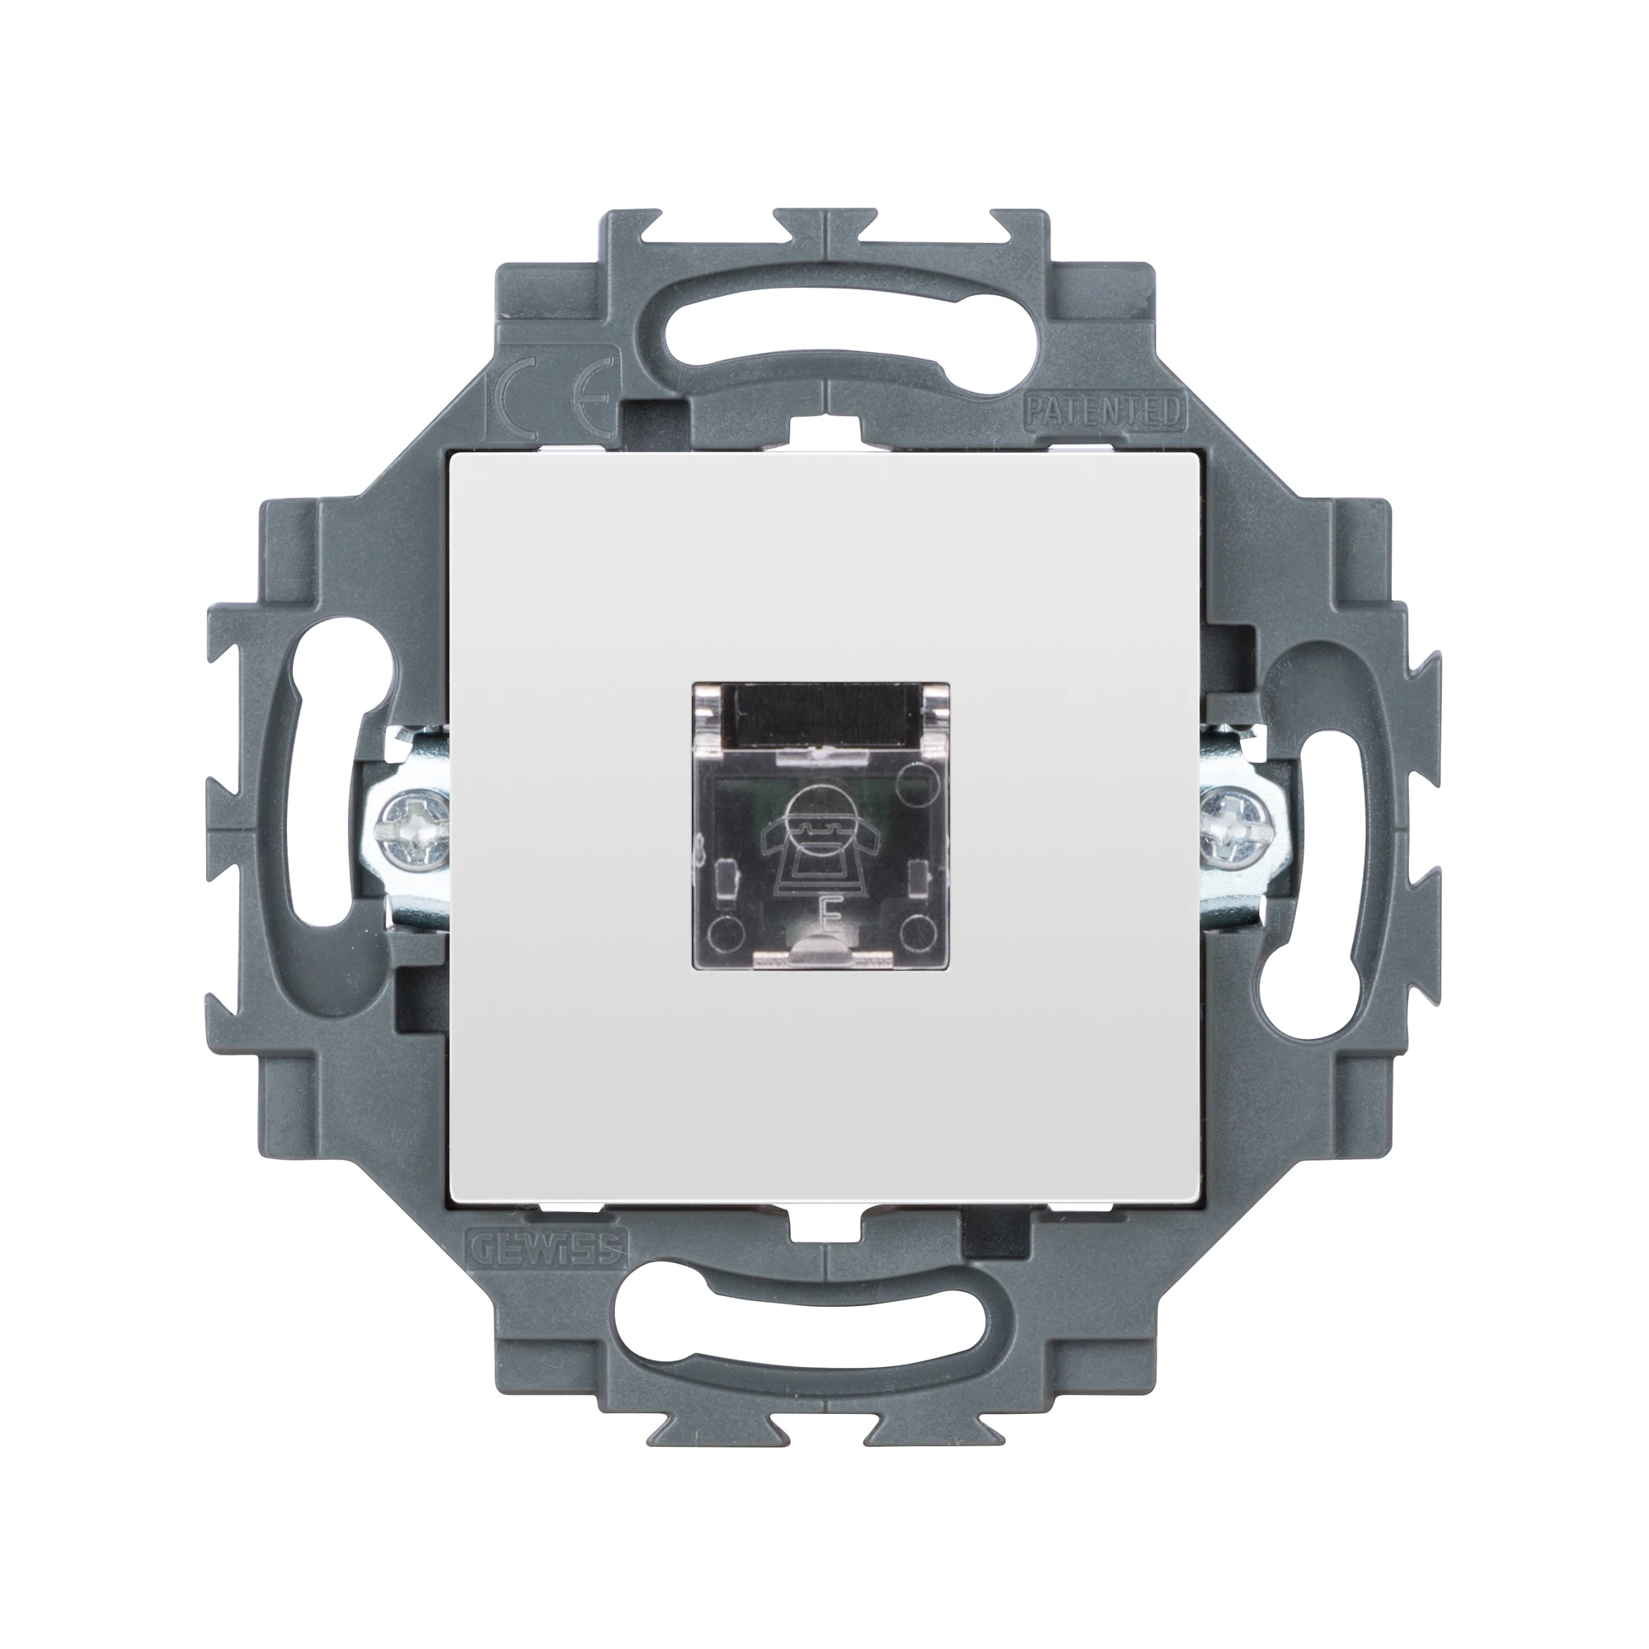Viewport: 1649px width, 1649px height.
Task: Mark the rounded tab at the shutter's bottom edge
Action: (824, 954)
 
